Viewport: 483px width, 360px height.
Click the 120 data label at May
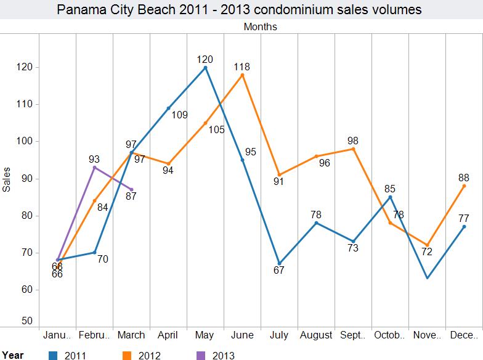205,59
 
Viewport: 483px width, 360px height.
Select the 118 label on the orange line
242,66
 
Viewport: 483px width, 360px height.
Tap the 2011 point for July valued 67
279,263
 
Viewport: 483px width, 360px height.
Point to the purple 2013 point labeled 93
94,167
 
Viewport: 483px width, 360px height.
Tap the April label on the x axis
168,335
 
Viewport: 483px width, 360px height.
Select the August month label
316,335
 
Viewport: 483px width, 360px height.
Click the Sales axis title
7,179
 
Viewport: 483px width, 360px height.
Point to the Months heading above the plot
260,27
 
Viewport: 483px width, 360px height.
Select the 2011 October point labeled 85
390,197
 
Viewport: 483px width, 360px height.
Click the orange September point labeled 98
353,149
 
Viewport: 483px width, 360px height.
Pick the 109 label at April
179,115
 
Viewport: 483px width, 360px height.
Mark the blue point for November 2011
427,278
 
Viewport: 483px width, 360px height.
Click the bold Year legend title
12,354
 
